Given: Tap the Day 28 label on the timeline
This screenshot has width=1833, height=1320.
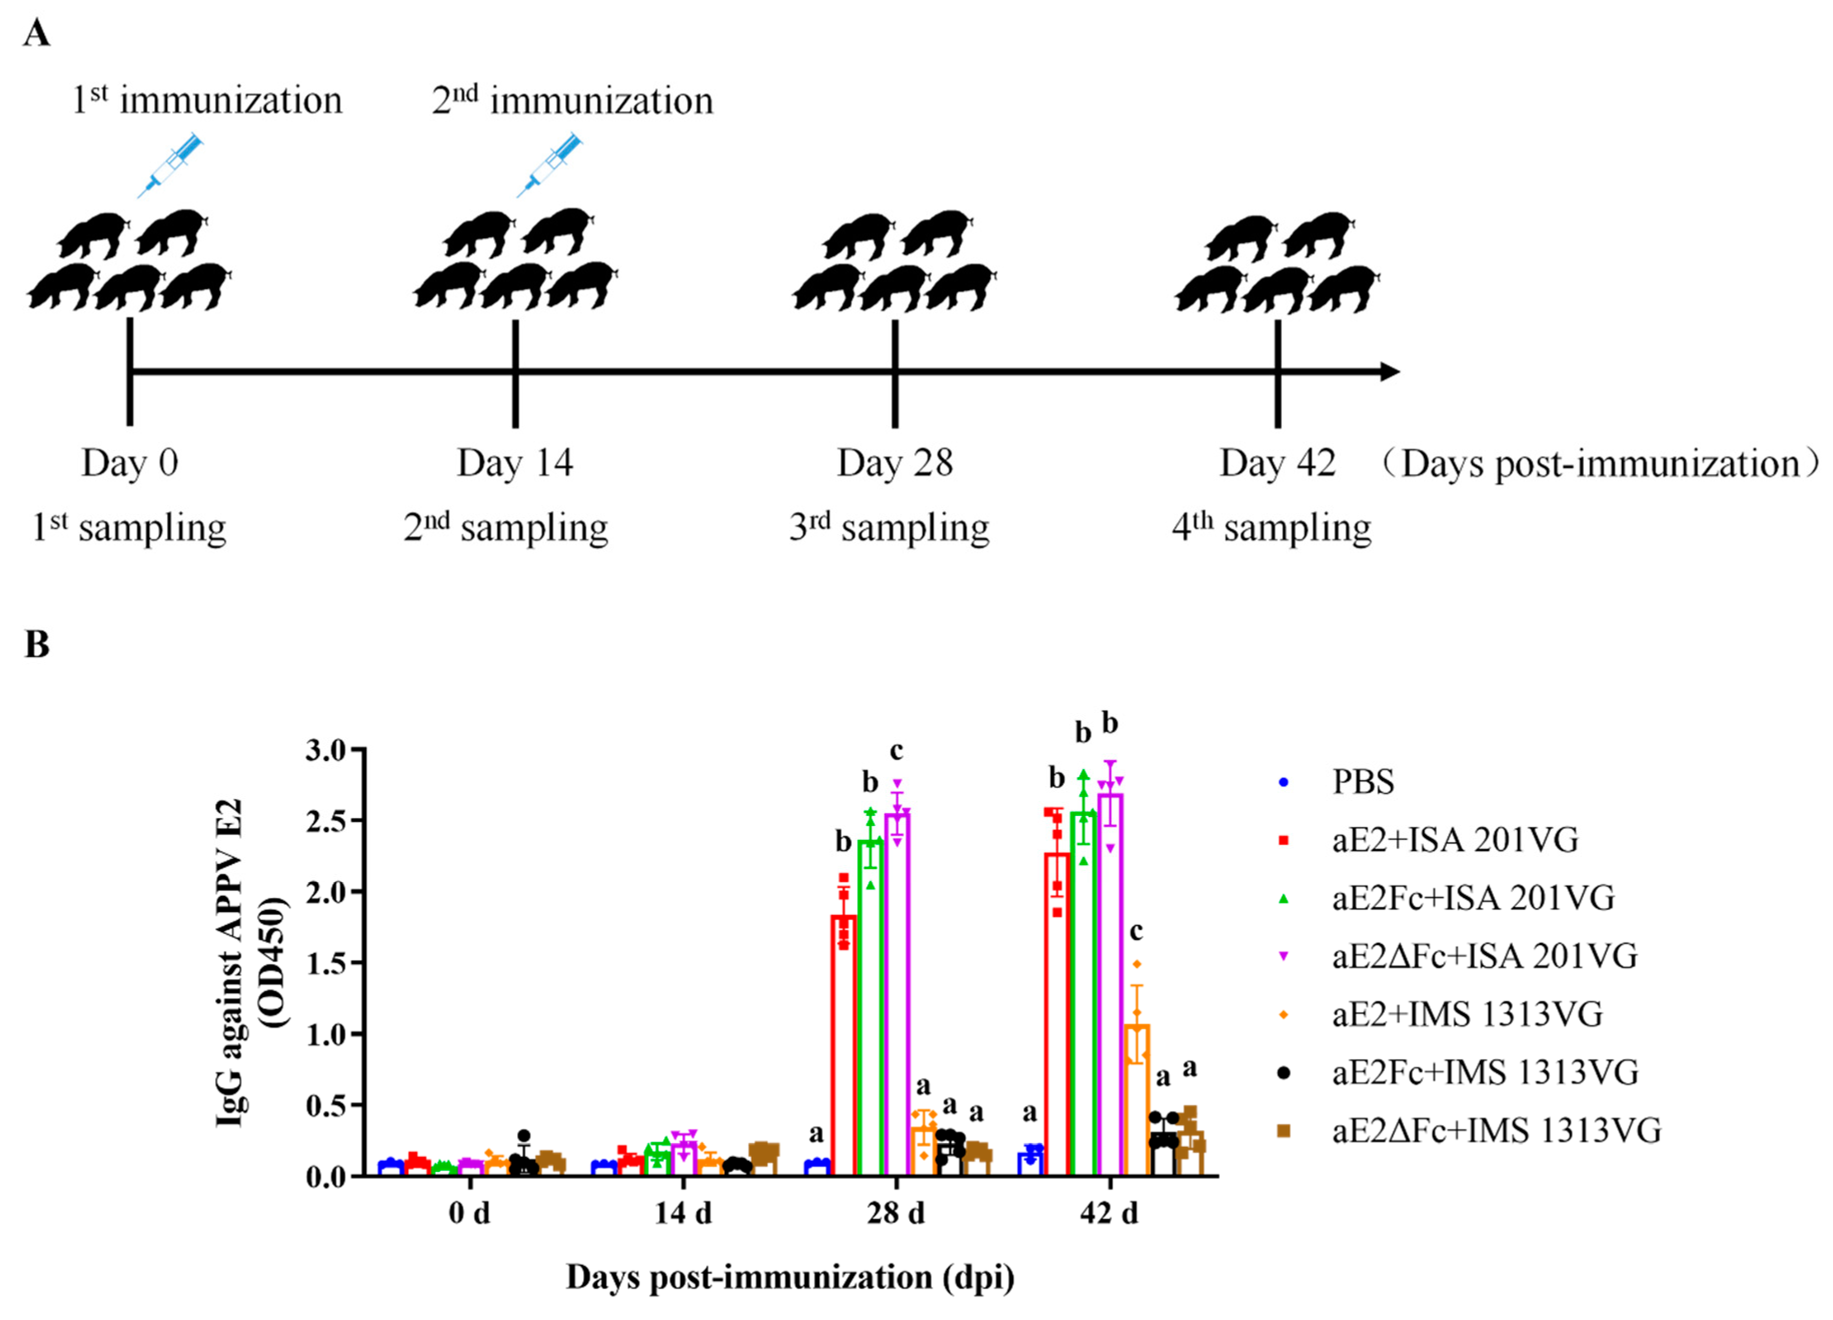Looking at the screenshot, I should [894, 463].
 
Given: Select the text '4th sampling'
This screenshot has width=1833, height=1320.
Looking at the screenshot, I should [1271, 528].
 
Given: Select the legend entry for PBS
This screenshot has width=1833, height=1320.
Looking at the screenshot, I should [1362, 781].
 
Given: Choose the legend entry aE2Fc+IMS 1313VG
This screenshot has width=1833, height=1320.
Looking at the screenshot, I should [1484, 1072].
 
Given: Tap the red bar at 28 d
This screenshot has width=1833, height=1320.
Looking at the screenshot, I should [844, 1051].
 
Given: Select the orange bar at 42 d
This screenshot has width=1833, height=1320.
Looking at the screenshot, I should [1136, 1107].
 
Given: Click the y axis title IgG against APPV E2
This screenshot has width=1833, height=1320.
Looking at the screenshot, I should [230, 962].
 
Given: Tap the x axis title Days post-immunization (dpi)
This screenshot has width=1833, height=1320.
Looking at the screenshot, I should [789, 1277].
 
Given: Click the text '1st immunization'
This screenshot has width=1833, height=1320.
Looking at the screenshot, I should [207, 100].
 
